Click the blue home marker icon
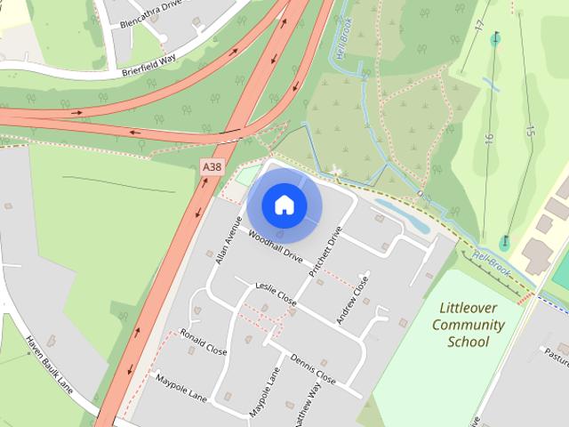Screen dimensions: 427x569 [284, 205]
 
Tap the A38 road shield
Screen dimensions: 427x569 [212, 166]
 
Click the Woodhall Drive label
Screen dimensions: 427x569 [276, 246]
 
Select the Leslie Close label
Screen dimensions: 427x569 [275, 294]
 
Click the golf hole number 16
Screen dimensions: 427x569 [489, 138]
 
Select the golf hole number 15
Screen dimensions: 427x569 [530, 131]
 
